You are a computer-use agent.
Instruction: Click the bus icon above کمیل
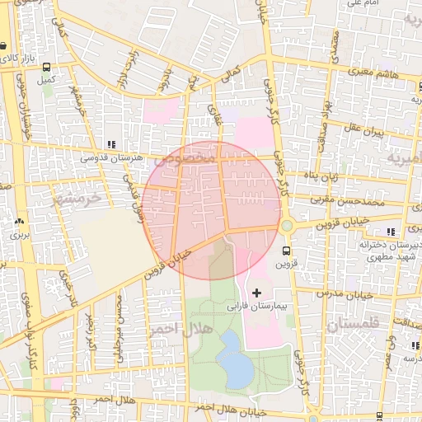tap(46, 68)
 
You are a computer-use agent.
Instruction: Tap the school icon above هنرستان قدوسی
tap(111, 144)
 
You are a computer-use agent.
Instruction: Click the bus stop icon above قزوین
tap(286, 251)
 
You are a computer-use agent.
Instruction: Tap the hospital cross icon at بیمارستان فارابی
tap(256, 293)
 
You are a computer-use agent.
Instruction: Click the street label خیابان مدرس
tap(342, 293)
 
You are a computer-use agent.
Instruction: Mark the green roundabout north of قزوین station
tap(286, 226)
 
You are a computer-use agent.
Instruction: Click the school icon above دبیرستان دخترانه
tap(390, 232)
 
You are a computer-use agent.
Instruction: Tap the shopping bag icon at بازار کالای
tap(5, 45)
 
